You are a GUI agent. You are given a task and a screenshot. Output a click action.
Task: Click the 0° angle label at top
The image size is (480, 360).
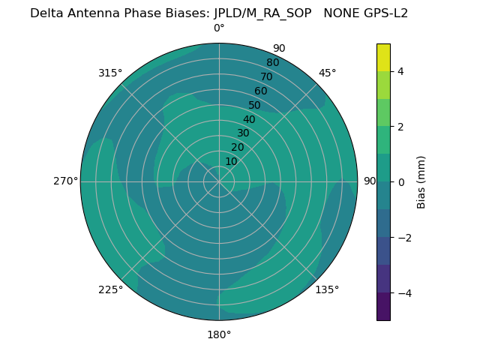pyautogui.click(x=219, y=28)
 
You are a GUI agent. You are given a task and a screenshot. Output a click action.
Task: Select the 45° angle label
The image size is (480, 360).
pyautogui.click(x=328, y=73)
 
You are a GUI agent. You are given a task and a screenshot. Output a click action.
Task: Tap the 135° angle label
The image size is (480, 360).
pyautogui.click(x=327, y=289)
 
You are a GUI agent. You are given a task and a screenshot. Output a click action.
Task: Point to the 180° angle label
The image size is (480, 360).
pyautogui.click(x=219, y=334)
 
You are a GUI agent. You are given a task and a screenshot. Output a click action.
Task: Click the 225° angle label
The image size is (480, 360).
pyautogui.click(x=110, y=289)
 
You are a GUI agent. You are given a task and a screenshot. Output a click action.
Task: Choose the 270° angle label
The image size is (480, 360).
pyautogui.click(x=65, y=181)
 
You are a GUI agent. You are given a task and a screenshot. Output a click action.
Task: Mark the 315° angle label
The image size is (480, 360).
pyautogui.click(x=110, y=73)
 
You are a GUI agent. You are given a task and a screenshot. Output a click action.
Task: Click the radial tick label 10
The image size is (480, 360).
pyautogui.click(x=231, y=161)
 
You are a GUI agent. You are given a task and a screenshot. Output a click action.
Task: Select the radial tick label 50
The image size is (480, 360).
pyautogui.click(x=255, y=105)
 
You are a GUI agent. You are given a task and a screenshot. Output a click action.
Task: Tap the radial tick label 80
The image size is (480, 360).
pyautogui.click(x=273, y=63)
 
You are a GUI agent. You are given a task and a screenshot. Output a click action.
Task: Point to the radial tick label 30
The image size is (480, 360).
pyautogui.click(x=243, y=133)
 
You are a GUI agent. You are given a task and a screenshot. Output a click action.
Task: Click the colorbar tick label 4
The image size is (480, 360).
pyautogui.click(x=400, y=71)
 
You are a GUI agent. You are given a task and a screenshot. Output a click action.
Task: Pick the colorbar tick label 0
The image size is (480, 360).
pyautogui.click(x=400, y=181)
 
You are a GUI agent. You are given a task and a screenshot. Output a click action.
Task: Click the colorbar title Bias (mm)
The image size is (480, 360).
pyautogui.click(x=421, y=181)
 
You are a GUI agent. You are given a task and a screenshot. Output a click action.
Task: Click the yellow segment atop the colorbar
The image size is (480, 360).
pyautogui.click(x=383, y=57)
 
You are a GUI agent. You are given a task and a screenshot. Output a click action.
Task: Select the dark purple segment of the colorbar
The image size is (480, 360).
pyautogui.click(x=383, y=307)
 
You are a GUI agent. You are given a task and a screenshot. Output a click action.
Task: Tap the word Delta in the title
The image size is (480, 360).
pyautogui.click(x=46, y=13)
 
